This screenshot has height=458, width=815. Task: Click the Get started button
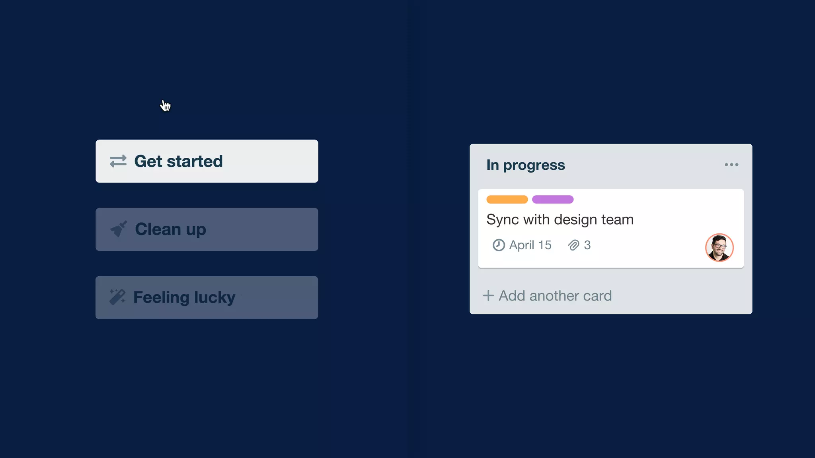tap(207, 161)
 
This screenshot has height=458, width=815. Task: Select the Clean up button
tap(207, 229)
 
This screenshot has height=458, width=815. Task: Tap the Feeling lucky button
tap(207, 297)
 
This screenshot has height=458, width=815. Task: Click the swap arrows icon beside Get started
tap(118, 161)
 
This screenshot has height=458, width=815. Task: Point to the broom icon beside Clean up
tap(118, 229)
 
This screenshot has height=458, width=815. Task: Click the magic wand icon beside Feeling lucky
tap(117, 297)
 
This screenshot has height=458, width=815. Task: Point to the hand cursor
tap(165, 106)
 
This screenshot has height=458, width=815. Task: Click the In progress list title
tap(525, 165)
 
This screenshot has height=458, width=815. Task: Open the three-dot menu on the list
tap(731, 165)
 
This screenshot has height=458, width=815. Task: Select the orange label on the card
tap(507, 200)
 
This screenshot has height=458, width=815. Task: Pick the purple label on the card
tap(553, 200)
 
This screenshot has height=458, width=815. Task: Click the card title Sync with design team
tap(560, 219)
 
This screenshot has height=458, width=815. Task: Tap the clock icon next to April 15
tap(499, 245)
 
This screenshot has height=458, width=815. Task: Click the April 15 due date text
tap(530, 245)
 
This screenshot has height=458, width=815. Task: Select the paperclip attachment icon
tap(573, 245)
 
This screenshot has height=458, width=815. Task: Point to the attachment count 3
tap(587, 245)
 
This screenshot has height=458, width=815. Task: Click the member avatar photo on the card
tap(719, 247)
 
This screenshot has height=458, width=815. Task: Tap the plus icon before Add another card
tap(488, 295)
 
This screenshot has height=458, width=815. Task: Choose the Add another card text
tap(555, 296)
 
